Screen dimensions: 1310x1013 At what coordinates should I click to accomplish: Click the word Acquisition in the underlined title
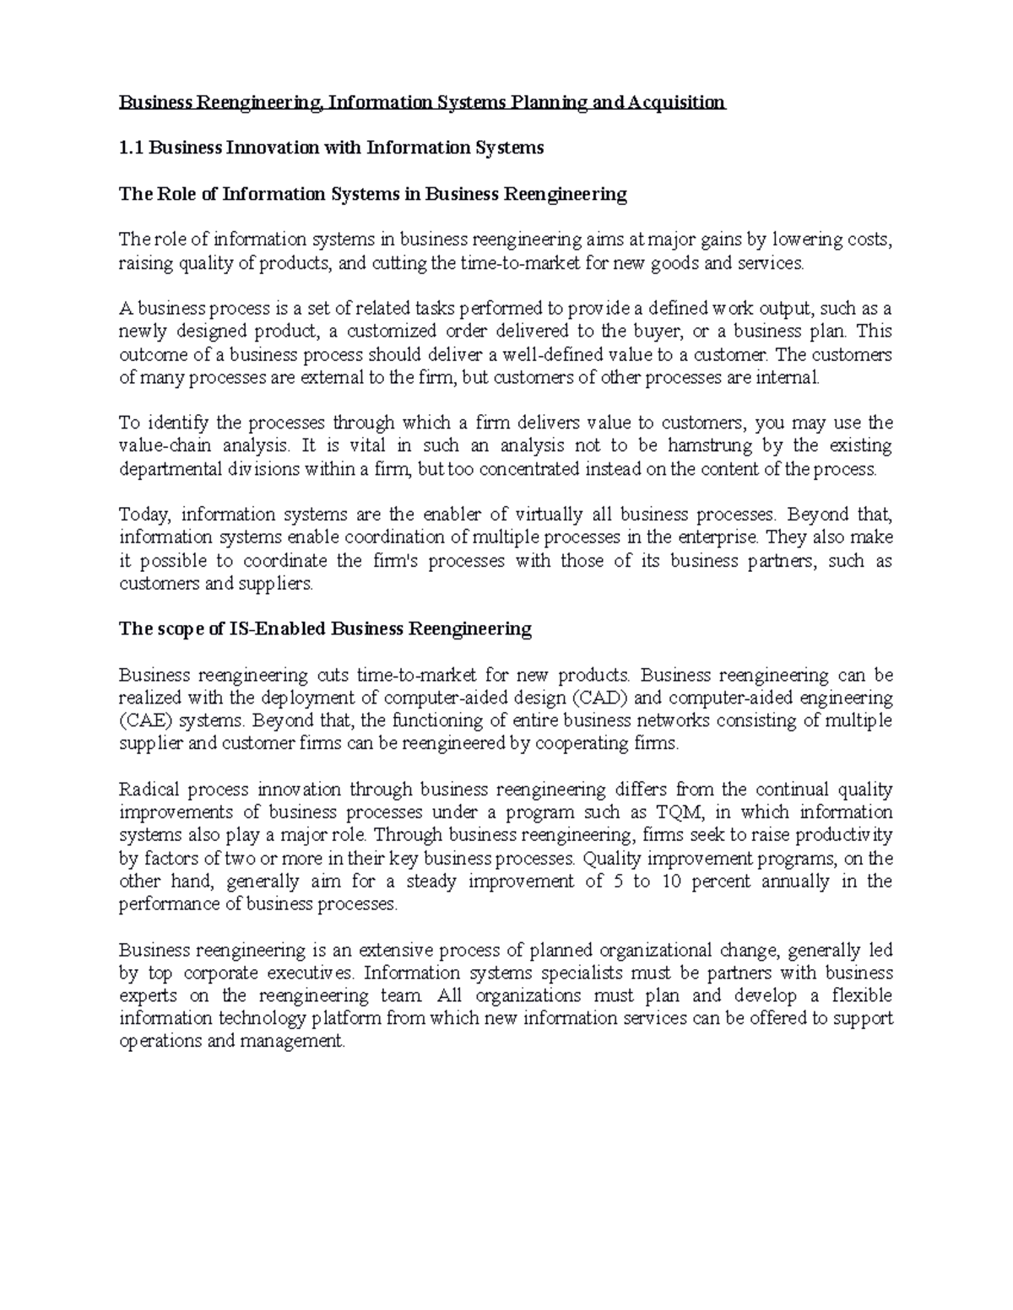click(x=675, y=103)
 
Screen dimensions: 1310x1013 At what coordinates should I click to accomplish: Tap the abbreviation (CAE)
click(x=145, y=721)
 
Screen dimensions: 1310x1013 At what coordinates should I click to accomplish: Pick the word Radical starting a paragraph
click(x=148, y=790)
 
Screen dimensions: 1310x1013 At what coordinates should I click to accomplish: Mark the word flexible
click(x=861, y=996)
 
